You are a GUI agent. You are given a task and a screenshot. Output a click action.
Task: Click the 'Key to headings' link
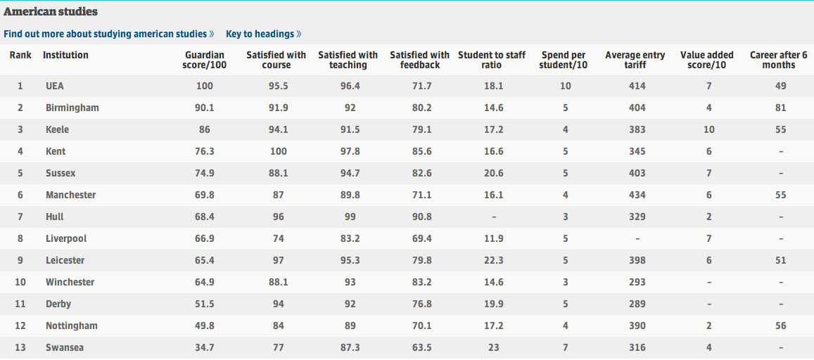[263, 34]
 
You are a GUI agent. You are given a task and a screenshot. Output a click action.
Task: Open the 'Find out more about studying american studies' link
[108, 34]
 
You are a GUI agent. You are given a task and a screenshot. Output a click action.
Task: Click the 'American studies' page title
[51, 11]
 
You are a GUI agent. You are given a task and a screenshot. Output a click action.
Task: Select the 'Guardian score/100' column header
[205, 60]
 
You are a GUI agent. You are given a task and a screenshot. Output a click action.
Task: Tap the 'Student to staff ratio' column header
[492, 60]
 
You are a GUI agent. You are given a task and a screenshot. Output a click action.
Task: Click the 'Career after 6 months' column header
[779, 60]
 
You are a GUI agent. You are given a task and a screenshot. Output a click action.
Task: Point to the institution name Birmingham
[72, 108]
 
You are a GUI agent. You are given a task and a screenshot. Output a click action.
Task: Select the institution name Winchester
[70, 282]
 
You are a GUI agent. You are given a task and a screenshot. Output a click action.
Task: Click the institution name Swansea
[64, 347]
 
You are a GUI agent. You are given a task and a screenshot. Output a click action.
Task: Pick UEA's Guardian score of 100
[205, 86]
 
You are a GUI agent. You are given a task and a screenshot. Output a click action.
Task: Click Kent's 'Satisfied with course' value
[279, 151]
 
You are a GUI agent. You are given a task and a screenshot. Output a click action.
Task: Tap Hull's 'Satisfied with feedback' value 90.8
[421, 217]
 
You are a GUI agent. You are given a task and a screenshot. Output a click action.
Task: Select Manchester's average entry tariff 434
[637, 195]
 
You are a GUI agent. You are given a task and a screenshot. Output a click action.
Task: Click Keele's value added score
[709, 129]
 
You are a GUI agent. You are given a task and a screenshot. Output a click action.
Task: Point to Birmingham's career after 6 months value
[781, 108]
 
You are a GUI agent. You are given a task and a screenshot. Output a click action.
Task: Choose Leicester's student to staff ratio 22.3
[493, 260]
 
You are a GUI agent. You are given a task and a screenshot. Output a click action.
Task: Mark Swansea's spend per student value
[566, 347]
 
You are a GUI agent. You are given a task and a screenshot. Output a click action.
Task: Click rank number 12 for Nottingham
[20, 326]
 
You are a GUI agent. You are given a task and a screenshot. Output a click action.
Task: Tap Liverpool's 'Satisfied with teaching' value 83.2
[350, 238]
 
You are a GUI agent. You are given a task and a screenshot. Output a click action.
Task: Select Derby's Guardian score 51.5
[205, 304]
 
